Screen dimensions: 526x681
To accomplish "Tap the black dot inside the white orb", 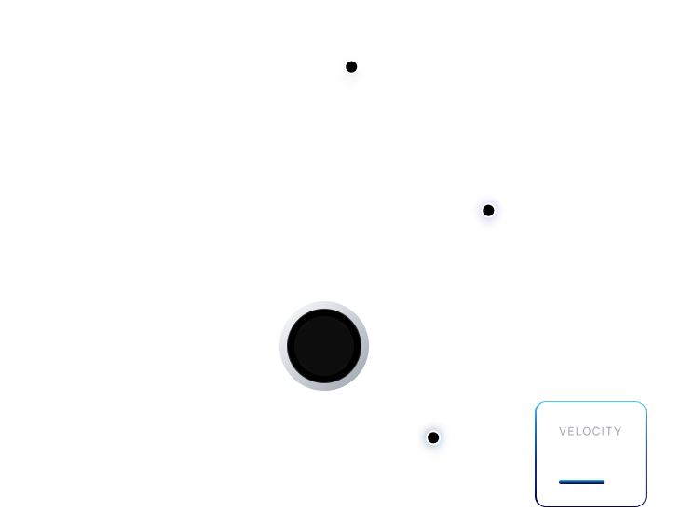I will pos(351,67).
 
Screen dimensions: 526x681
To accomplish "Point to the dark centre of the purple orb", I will pos(488,211).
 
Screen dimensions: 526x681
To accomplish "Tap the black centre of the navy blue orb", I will pos(433,437).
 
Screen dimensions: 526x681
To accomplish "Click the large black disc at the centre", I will pos(323,345).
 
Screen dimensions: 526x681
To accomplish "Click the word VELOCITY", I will pos(590,432).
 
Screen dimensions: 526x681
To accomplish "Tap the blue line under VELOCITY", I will pos(581,482).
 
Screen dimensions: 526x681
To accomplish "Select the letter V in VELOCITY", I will pos(563,432).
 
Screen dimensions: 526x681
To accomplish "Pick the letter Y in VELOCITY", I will pos(618,432).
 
